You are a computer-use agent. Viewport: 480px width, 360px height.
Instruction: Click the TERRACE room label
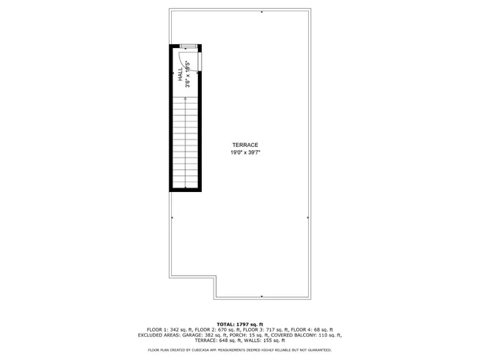[244, 145]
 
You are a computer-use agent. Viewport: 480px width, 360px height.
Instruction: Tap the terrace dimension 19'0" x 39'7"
[244, 153]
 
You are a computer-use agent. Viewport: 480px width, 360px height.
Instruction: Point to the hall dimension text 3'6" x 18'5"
[187, 75]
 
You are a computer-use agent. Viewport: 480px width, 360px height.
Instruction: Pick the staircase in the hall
[185, 142]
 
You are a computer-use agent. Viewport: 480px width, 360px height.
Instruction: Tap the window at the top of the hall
[187, 46]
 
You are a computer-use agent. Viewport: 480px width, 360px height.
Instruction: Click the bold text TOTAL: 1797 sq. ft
[240, 324]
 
